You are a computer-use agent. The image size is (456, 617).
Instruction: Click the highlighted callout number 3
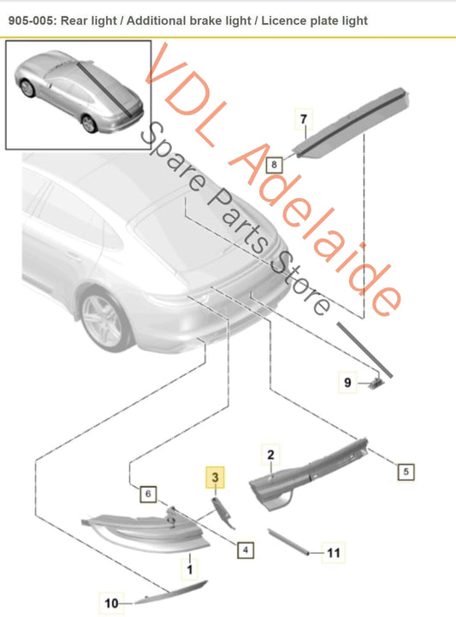tap(215, 478)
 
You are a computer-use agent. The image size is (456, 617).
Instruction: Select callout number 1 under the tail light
tap(189, 569)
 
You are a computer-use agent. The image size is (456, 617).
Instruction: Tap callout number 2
tap(270, 455)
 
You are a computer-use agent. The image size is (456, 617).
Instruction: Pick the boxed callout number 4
tap(246, 549)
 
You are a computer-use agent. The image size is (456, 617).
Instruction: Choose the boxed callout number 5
tap(406, 472)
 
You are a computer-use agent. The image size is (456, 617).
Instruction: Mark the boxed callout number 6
tap(148, 493)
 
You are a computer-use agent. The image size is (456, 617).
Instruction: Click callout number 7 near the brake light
tap(304, 120)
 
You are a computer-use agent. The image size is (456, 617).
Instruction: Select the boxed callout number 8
tap(274, 164)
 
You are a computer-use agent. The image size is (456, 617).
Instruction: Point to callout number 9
tap(347, 382)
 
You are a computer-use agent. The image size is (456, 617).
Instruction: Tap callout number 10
tap(111, 603)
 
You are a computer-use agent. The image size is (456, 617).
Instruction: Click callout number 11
tap(333, 553)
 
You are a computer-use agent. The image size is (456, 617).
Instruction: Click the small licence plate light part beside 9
tap(376, 382)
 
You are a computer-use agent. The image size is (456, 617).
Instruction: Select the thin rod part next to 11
tap(287, 542)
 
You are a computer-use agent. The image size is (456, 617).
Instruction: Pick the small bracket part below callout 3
tap(222, 512)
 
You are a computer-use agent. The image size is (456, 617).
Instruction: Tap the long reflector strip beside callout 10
tap(170, 591)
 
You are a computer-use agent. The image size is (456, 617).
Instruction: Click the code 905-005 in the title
tap(32, 21)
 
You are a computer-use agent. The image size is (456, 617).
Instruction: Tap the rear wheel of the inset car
tap(89, 123)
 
